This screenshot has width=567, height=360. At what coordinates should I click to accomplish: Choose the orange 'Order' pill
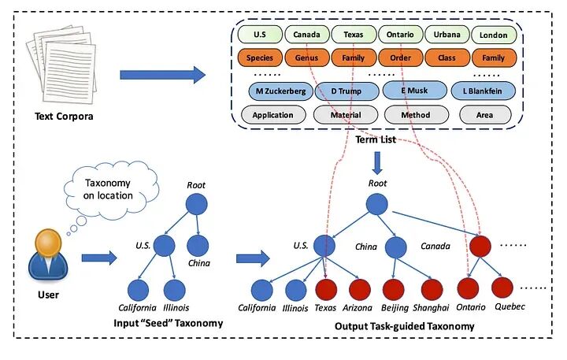(x=400, y=58)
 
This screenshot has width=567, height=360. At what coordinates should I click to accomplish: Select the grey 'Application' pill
(x=272, y=115)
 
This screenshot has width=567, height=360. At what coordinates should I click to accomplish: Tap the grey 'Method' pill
(x=416, y=115)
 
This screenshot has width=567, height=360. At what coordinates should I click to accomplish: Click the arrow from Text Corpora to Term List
(x=162, y=76)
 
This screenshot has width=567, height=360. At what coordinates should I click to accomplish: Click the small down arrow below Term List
(x=377, y=162)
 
